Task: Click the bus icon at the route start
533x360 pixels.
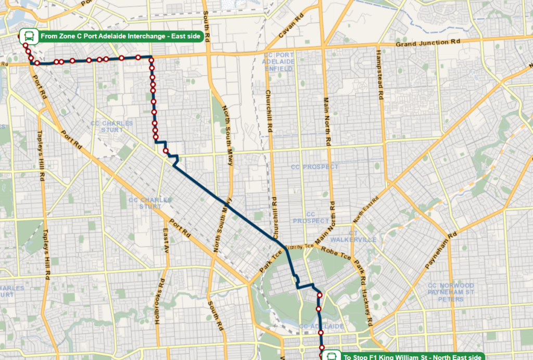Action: (29, 36)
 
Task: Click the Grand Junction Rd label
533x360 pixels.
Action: (428, 43)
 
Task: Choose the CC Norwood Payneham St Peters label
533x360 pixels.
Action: (451, 292)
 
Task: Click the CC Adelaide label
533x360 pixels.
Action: (321, 326)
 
